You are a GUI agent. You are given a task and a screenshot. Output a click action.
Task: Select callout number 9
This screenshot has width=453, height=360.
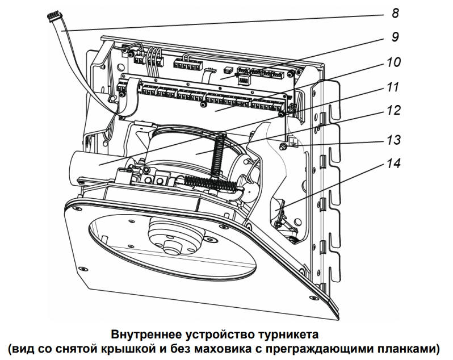point(392,37)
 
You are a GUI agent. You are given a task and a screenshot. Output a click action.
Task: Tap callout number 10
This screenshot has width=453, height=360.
point(393,62)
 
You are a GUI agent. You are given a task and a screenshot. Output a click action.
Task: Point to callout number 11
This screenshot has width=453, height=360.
point(393,87)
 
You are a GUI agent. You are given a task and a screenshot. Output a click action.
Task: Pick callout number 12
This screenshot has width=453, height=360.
point(393,111)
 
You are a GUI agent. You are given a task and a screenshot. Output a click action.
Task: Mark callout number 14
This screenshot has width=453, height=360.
point(393,164)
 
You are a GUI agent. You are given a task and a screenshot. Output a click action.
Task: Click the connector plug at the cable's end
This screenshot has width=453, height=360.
point(54,19)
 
